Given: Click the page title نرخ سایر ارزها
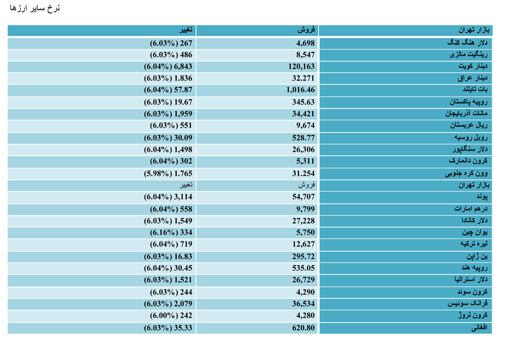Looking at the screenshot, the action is click(34, 8).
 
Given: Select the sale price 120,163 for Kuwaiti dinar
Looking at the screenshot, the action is click(301, 67).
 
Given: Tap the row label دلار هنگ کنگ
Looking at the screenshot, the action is click(467, 43).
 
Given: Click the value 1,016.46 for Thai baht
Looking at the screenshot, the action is click(300, 90).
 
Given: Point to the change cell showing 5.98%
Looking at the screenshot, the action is click(168, 174).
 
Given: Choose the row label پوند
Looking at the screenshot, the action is click(482, 196).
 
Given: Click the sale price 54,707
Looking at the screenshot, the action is click(303, 197).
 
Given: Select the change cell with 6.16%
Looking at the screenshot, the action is click(170, 232).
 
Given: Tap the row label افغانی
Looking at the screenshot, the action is click(479, 328).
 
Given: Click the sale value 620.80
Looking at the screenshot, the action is click(303, 328).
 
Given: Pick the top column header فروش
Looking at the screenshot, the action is click(306, 30).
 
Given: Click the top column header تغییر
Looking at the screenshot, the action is click(186, 30).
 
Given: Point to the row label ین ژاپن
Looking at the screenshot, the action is click(477, 256).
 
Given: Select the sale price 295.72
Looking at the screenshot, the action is click(303, 257).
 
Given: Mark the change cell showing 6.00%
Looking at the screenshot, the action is click(170, 315).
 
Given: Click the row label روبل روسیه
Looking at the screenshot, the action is click(471, 138).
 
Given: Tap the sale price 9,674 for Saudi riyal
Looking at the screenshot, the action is click(305, 126).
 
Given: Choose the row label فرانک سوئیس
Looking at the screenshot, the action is click(467, 304).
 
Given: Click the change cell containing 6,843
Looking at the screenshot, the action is click(168, 67).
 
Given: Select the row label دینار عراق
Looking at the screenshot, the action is click(472, 78).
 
